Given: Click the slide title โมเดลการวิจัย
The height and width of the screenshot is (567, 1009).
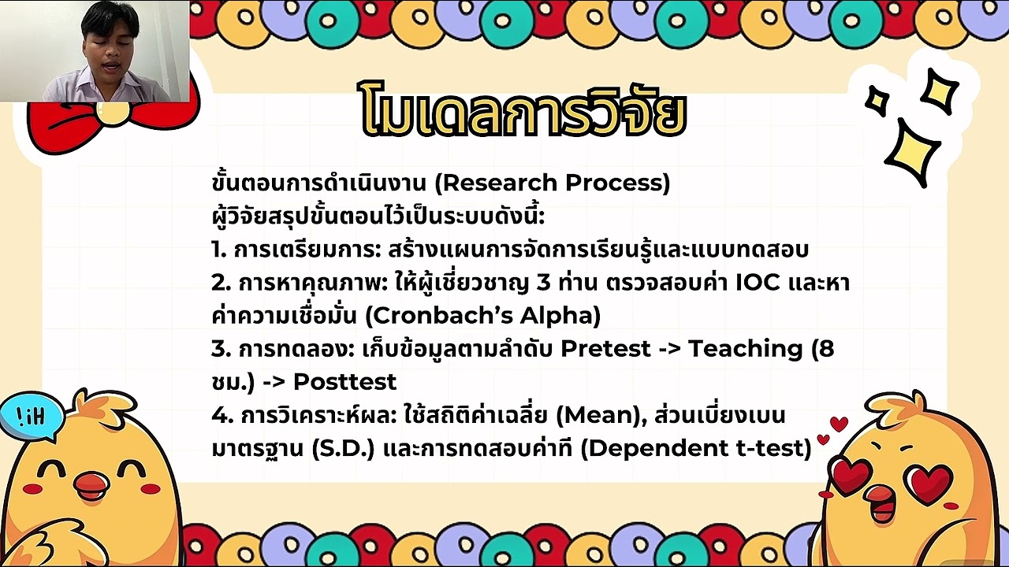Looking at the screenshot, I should point(523,111).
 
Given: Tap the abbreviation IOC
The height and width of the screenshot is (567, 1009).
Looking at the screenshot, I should point(759,283).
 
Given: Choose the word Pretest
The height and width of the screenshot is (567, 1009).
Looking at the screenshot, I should point(605,349).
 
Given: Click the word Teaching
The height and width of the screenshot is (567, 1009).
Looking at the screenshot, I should point(745,349).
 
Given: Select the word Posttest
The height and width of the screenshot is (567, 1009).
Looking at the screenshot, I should point(344,382).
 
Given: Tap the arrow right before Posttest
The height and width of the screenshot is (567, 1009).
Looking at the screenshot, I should point(273,383).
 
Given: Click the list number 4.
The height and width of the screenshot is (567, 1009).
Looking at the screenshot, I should point(219,415).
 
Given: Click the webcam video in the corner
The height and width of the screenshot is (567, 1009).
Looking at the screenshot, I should point(95,51).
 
